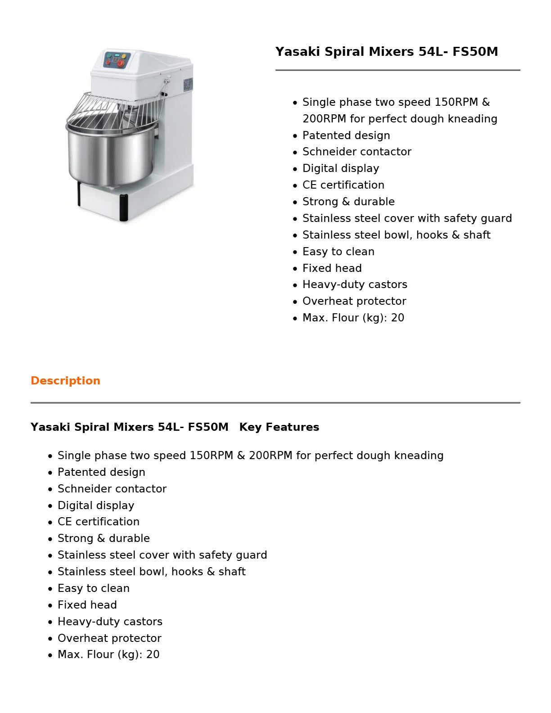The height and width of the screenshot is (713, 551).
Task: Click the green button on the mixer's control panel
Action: (108, 55)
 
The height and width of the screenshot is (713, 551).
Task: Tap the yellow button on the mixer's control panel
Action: (124, 56)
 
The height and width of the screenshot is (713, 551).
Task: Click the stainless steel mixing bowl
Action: (110, 155)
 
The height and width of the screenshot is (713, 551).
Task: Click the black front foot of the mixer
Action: (123, 208)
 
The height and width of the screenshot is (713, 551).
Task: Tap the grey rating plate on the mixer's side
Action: (188, 84)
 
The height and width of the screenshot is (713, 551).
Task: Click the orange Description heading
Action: (65, 381)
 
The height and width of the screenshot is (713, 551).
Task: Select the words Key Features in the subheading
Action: (279, 427)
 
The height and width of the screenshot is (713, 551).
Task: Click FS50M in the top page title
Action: (475, 52)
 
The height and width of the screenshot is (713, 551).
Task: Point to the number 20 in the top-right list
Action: (397, 318)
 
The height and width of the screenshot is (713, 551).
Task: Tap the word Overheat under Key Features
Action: (79, 638)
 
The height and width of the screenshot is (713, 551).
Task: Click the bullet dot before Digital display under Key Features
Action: (50, 506)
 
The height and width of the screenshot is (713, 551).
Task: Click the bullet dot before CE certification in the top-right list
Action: (295, 185)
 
